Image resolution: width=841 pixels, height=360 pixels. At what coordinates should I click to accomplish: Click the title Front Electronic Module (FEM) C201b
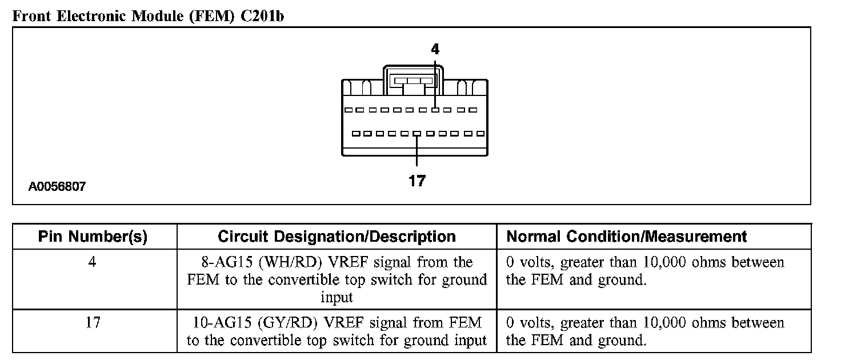click(149, 16)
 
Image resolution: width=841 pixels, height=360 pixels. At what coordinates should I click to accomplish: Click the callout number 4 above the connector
click(435, 50)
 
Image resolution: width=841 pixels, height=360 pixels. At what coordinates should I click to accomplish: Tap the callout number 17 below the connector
click(417, 181)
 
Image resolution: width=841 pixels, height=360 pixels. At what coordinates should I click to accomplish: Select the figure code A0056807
click(57, 186)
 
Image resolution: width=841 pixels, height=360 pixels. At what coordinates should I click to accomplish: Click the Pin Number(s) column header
click(93, 237)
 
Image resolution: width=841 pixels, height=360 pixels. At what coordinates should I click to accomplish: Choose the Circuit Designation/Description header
click(337, 237)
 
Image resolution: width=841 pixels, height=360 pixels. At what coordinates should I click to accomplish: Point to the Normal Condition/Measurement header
click(627, 237)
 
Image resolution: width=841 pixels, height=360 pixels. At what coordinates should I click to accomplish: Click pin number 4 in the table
click(93, 263)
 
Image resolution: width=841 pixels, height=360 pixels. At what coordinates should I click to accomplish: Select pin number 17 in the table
click(93, 323)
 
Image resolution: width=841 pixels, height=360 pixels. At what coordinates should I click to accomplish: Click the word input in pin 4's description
click(337, 297)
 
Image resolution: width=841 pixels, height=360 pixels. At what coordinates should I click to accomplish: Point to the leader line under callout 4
click(435, 80)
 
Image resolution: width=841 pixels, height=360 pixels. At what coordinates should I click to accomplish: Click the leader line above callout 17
click(417, 151)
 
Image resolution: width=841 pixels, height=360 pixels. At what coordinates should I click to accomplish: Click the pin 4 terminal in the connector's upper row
click(435, 110)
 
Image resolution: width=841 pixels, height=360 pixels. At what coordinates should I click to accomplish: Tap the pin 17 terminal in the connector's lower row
click(417, 134)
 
